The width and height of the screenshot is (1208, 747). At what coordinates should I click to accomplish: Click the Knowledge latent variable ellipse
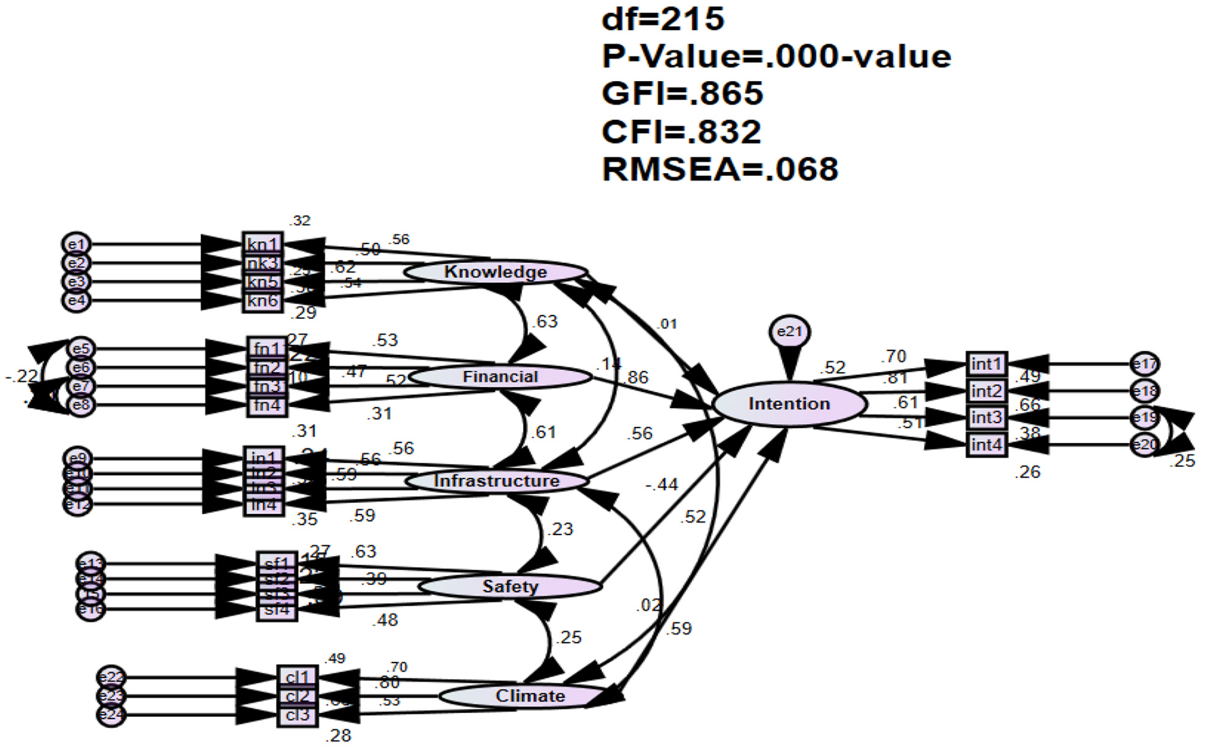[496, 272]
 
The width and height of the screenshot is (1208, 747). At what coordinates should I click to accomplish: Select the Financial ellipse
[500, 377]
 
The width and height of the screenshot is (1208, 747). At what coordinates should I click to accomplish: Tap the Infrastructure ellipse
[497, 481]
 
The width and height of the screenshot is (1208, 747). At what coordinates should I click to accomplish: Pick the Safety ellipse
[510, 587]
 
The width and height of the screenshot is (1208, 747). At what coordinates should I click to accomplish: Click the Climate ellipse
[530, 696]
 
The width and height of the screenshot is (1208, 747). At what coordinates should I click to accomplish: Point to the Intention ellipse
[789, 404]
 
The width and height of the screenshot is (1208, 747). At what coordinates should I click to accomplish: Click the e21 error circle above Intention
[789, 332]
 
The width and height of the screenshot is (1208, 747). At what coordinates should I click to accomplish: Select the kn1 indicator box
[262, 244]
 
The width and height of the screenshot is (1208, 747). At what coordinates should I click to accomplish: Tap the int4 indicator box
[986, 445]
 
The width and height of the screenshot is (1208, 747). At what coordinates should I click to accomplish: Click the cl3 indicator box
[297, 716]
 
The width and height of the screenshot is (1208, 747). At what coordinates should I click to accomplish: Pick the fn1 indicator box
[267, 349]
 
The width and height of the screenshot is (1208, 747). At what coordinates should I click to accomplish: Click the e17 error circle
[1145, 364]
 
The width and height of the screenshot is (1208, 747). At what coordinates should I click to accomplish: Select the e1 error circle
[76, 244]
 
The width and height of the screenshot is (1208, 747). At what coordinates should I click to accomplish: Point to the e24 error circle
[111, 715]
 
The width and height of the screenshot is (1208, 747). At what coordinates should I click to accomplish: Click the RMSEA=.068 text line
[720, 169]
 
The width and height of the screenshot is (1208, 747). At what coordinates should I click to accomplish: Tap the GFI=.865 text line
[682, 93]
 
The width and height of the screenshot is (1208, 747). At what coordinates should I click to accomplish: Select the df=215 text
[663, 18]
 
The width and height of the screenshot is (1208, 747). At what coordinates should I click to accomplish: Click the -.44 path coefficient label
[661, 485]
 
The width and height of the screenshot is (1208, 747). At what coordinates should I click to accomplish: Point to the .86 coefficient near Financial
[637, 377]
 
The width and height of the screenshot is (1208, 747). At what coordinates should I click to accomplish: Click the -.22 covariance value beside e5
[21, 376]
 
